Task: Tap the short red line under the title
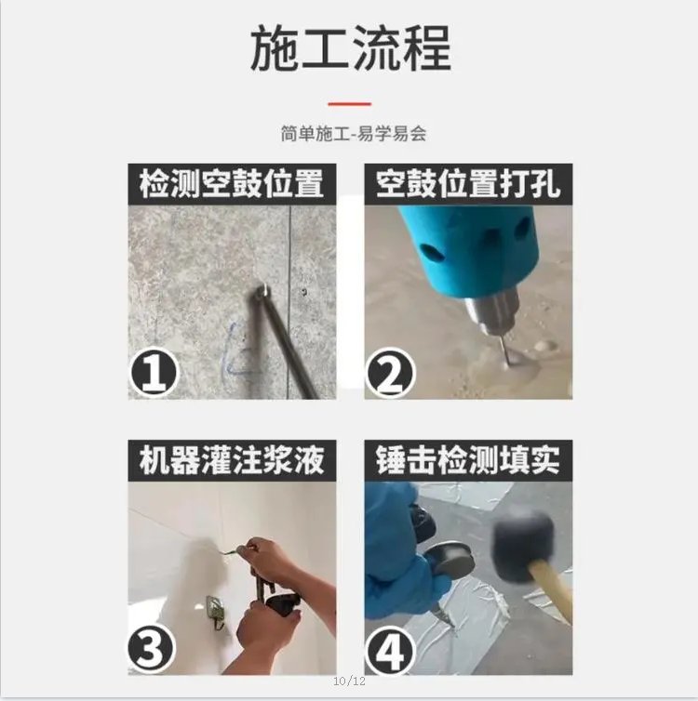tap(349, 104)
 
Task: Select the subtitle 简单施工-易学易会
tap(353, 134)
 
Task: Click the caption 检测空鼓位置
tap(232, 183)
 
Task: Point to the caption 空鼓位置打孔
tap(468, 183)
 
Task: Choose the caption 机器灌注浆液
tap(232, 460)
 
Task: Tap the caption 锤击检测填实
tap(468, 460)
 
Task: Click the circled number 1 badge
tap(154, 374)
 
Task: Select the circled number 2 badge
tap(390, 374)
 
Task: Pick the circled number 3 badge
tap(154, 649)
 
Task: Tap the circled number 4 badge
tap(390, 649)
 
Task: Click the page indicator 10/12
tap(349, 683)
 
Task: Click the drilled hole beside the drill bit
tap(542, 347)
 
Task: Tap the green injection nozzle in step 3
tap(228, 557)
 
